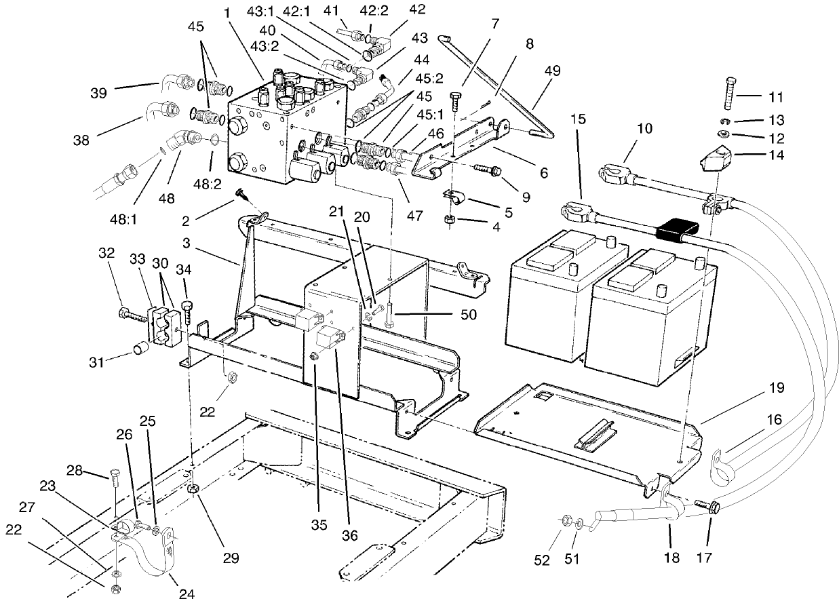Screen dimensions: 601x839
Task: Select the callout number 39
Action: (99, 93)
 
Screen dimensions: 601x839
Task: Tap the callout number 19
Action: (777, 388)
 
